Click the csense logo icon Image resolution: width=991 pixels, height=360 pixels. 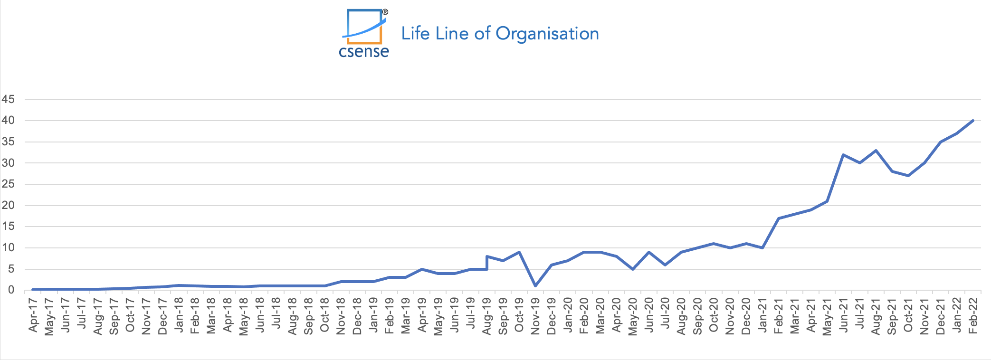pyautogui.click(x=364, y=27)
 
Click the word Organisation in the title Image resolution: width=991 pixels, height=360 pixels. pyautogui.click(x=547, y=34)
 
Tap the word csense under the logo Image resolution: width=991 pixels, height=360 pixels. pyautogui.click(x=364, y=51)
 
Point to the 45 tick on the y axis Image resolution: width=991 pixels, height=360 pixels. pyautogui.click(x=8, y=100)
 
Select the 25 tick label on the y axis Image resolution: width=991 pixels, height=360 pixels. pyautogui.click(x=8, y=184)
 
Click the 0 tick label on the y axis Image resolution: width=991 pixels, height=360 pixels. pyautogui.click(x=11, y=290)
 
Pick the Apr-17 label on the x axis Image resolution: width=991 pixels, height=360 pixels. pyautogui.click(x=33, y=314)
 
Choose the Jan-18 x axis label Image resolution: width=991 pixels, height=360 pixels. pyautogui.click(x=179, y=315)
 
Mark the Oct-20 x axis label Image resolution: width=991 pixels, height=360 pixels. pyautogui.click(x=714, y=315)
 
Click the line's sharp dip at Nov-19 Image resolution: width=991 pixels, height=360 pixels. pyautogui.click(x=535, y=286)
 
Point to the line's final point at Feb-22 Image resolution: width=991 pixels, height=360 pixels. pyautogui.click(x=973, y=121)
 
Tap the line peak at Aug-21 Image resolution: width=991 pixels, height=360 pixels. pyautogui.click(x=876, y=151)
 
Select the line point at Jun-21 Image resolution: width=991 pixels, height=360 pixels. pyautogui.click(x=843, y=155)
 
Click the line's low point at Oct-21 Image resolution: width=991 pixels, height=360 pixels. pyautogui.click(x=908, y=176)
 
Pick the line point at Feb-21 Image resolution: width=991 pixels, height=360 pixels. pyautogui.click(x=778, y=218)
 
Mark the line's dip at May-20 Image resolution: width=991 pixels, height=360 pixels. pyautogui.click(x=633, y=269)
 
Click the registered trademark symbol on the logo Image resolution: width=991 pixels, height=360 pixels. pyautogui.click(x=385, y=12)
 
